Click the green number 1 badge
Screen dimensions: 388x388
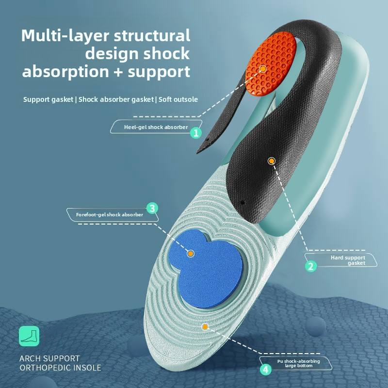click(x=196, y=132)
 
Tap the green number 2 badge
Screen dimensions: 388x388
click(x=311, y=265)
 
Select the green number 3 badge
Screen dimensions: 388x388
click(x=152, y=209)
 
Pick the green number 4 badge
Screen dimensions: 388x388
click(x=265, y=370)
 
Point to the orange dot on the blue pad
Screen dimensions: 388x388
click(x=191, y=253)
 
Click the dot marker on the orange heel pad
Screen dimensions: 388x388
click(x=263, y=69)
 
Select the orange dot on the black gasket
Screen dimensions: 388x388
click(x=271, y=160)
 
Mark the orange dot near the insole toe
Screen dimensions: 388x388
click(x=205, y=327)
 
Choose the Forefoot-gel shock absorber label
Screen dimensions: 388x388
click(x=110, y=214)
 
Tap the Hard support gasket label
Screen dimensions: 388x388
click(x=348, y=260)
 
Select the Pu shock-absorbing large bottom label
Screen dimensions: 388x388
click(x=298, y=363)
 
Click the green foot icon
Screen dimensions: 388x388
click(x=29, y=336)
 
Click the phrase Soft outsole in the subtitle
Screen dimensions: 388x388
click(x=178, y=99)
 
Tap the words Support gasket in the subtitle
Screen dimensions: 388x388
click(x=48, y=99)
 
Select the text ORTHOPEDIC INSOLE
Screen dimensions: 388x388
click(x=60, y=368)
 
